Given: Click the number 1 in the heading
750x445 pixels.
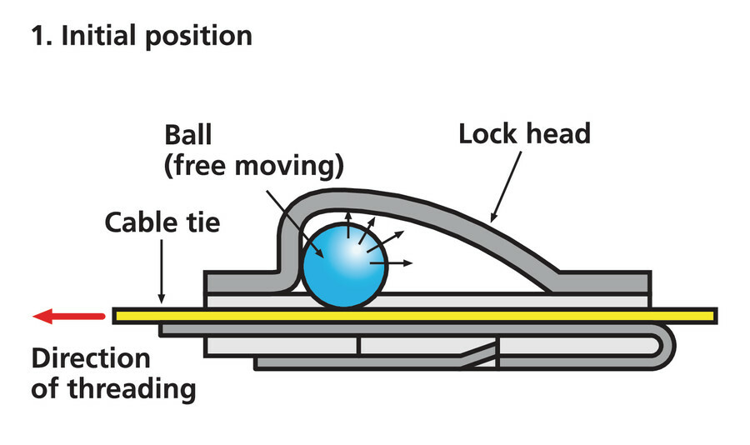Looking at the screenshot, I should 37,36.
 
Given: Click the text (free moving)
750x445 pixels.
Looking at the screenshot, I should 253,167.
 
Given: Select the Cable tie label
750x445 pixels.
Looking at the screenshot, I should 162,222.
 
